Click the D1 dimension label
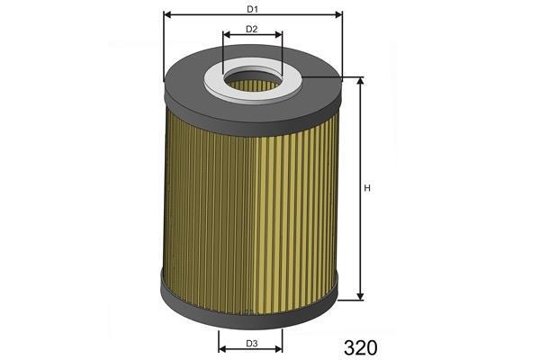[252, 9]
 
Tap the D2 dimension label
[252, 30]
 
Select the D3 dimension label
[252, 344]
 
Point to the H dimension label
[367, 188]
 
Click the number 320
[360, 347]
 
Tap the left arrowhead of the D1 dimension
[167, 14]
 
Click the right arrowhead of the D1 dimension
[339, 14]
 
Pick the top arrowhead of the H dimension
[360, 81]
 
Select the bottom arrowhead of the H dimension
[360, 296]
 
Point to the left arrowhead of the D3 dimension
[222, 349]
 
